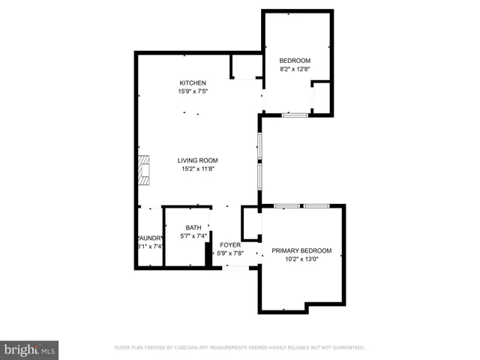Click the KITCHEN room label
tap(192, 82)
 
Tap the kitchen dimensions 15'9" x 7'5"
tap(192, 91)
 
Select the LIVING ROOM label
tap(197, 160)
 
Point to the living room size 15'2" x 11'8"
tap(197, 169)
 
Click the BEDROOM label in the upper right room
tap(294, 61)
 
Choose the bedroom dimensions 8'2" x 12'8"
tap(294, 70)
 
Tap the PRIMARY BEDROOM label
tap(301, 251)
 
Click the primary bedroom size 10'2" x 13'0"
tap(301, 260)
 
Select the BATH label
tap(193, 228)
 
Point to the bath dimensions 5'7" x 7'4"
tap(193, 237)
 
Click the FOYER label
tap(229, 244)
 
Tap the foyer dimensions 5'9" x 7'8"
tap(229, 253)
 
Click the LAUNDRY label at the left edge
tap(149, 238)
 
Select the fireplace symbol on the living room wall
tap(142, 171)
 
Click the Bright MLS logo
tap(29, 349)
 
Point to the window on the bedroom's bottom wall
tap(295, 115)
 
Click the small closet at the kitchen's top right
tap(244, 67)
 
